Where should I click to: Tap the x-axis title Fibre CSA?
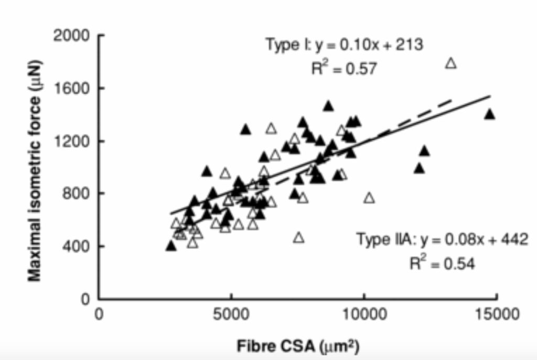click(x=298, y=346)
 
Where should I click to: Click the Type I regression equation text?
click(x=343, y=45)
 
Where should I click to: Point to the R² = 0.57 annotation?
click(x=343, y=68)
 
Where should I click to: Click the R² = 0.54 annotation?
click(x=442, y=263)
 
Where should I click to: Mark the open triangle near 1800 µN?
click(x=451, y=63)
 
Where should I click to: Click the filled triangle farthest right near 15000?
click(x=490, y=114)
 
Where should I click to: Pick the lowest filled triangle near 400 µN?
click(x=171, y=246)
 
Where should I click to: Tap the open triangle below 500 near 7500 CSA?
click(x=298, y=238)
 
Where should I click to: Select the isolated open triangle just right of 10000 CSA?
click(x=369, y=198)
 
